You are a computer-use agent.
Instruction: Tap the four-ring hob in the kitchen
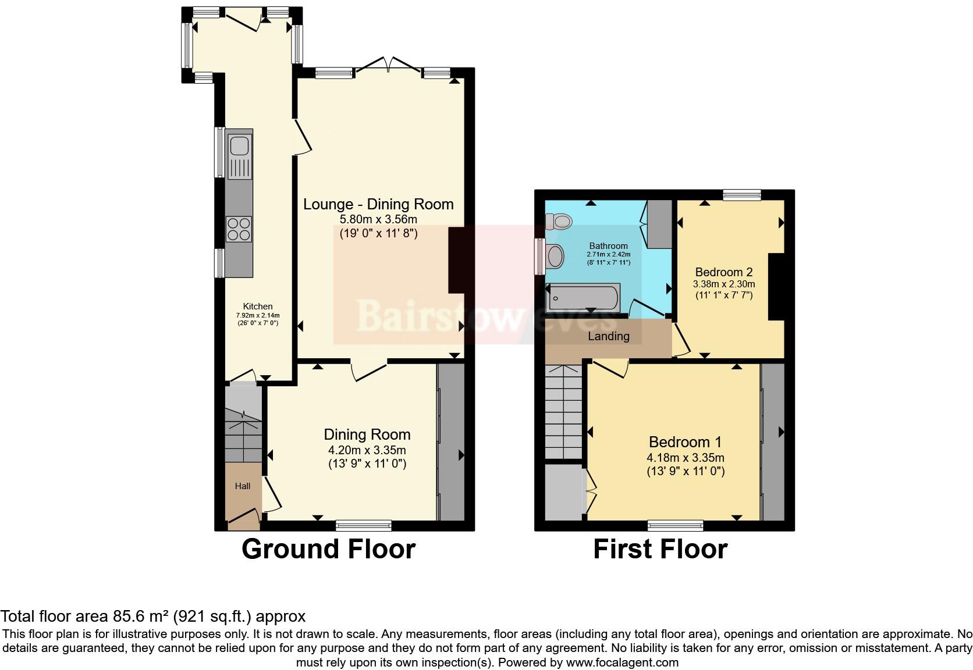[239, 229]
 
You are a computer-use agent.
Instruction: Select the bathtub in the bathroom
[583, 298]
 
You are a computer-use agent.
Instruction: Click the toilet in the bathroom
[559, 220]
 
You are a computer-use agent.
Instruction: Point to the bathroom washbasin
[555, 256]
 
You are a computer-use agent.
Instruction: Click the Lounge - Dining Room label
[378, 204]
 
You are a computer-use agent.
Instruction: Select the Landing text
[608, 336]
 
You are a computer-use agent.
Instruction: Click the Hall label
[243, 486]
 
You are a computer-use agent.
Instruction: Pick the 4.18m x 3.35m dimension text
[686, 457]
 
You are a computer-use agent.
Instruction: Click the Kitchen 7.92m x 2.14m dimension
[257, 315]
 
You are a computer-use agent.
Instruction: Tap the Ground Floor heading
[328, 549]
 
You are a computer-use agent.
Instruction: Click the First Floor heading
[660, 549]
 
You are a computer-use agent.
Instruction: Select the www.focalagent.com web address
[622, 662]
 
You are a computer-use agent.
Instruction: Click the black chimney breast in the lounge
[456, 260]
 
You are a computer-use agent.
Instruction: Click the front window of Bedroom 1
[676, 526]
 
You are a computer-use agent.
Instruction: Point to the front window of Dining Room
[364, 526]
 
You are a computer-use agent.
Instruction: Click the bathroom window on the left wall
[540, 256]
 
